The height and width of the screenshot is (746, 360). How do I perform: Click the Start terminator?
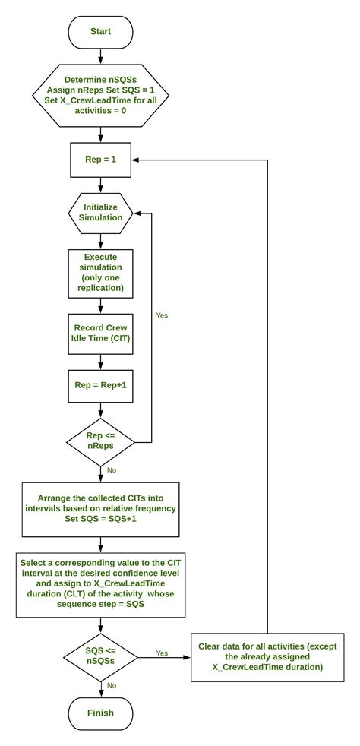pyautogui.click(x=100, y=32)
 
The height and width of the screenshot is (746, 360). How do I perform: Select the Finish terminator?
pyautogui.click(x=100, y=713)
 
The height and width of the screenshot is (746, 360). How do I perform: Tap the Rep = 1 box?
pyautogui.click(x=100, y=160)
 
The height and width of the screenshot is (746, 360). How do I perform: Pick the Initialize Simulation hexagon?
pyautogui.click(x=100, y=213)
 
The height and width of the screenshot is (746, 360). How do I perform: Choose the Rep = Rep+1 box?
pyautogui.click(x=100, y=385)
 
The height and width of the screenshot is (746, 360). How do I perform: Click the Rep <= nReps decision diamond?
pyautogui.click(x=100, y=441)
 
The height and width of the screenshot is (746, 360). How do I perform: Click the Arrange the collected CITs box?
pyautogui.click(x=100, y=508)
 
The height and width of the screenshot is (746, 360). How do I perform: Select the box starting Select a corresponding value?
pyautogui.click(x=100, y=584)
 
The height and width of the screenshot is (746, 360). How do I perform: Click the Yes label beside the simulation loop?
pyautogui.click(x=163, y=314)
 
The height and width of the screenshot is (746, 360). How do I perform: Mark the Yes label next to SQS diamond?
pyautogui.click(x=162, y=652)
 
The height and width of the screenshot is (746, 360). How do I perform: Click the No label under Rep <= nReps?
pyautogui.click(x=111, y=470)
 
